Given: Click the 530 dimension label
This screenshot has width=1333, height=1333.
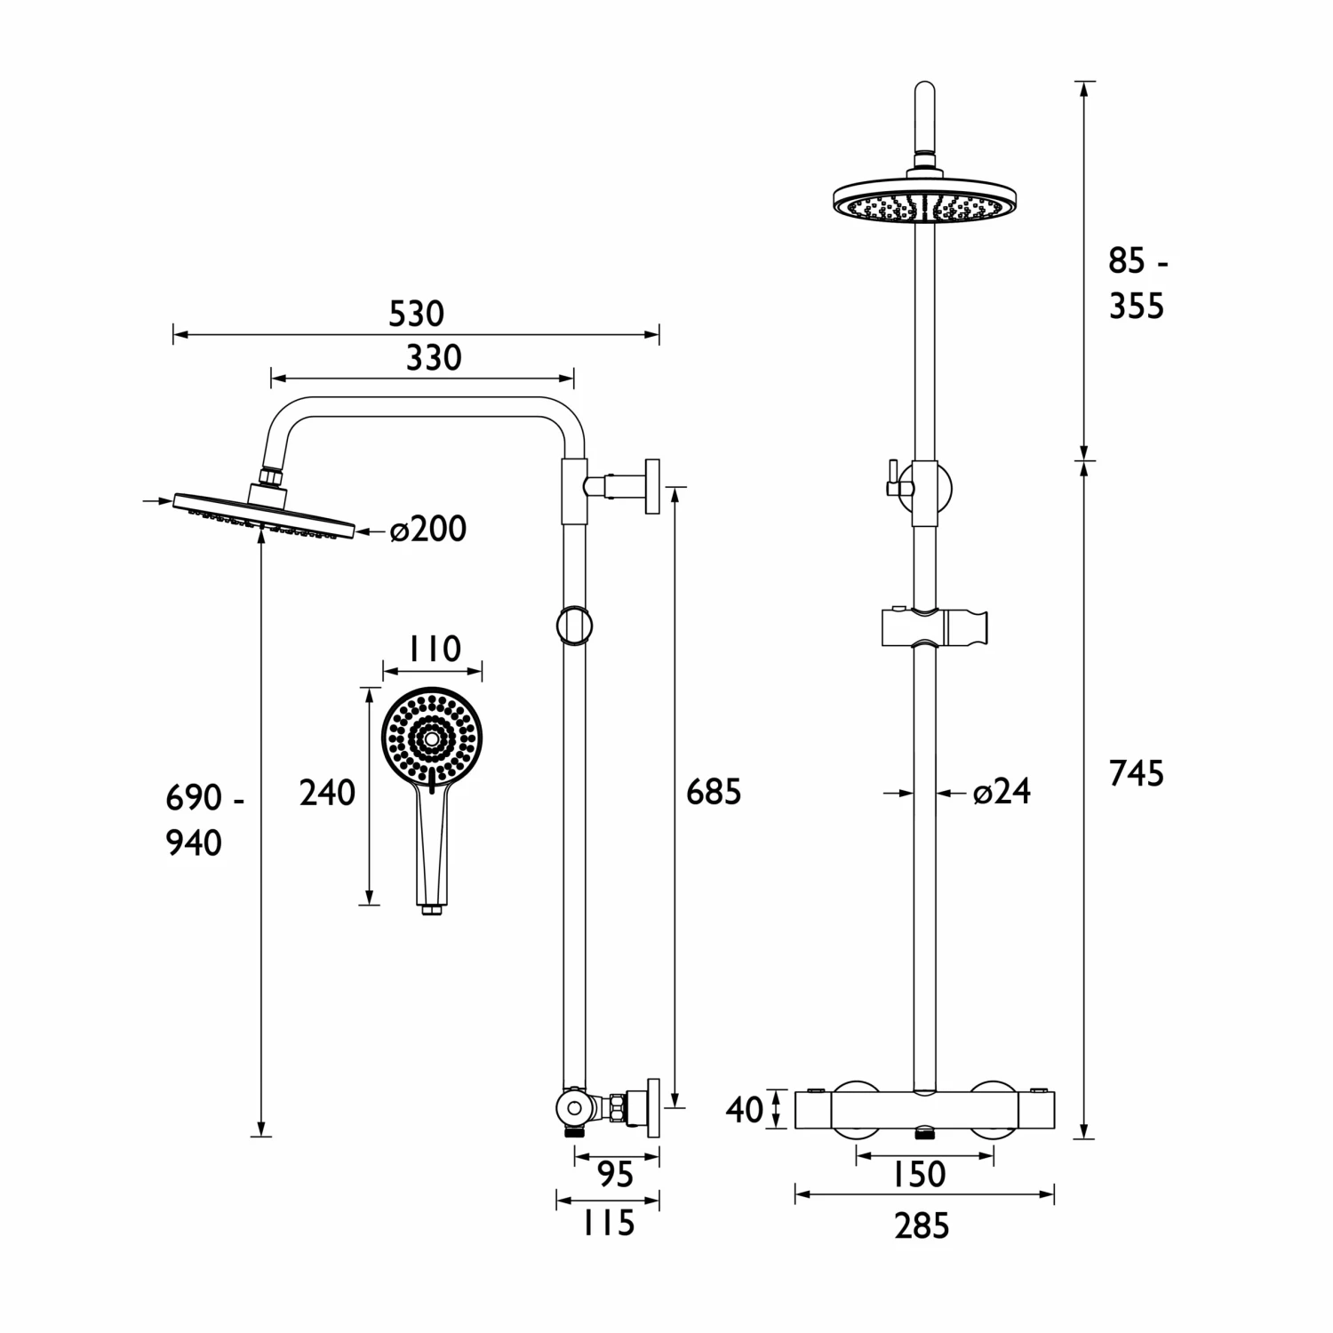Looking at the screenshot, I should pyautogui.click(x=417, y=314).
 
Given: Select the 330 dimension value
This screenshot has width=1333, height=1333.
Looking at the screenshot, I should pyautogui.click(x=434, y=358).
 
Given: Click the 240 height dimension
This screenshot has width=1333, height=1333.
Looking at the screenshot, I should pyautogui.click(x=327, y=793).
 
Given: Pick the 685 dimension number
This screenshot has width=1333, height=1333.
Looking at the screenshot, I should pyautogui.click(x=713, y=792).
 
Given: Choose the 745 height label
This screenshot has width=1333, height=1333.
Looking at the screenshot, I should pyautogui.click(x=1136, y=774).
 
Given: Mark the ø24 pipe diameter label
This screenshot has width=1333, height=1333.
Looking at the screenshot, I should pyautogui.click(x=1002, y=792).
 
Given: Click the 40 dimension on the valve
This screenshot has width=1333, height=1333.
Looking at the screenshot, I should pyautogui.click(x=744, y=1110).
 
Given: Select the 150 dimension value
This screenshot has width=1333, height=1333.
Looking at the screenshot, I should pyautogui.click(x=919, y=1175).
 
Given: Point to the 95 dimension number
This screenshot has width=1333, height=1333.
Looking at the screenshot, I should pyautogui.click(x=614, y=1175).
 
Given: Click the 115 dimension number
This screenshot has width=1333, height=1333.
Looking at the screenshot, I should pyautogui.click(x=609, y=1224).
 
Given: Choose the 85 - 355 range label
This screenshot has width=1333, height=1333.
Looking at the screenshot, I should pyautogui.click(x=1137, y=284).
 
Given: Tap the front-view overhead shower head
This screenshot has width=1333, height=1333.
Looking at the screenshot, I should pyautogui.click(x=924, y=203).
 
